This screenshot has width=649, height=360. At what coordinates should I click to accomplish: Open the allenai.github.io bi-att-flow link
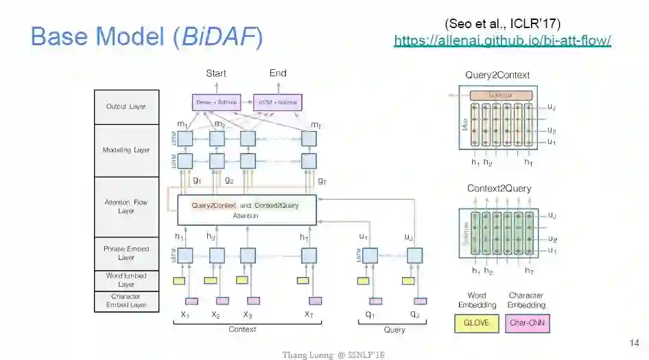[x=502, y=40]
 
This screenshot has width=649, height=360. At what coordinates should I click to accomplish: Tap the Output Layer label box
[x=126, y=107]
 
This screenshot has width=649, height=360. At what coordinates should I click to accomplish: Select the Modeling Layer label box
[x=126, y=150]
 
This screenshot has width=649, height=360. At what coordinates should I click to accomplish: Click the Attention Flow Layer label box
[x=126, y=206]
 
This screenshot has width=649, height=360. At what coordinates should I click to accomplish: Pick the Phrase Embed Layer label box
[x=126, y=253]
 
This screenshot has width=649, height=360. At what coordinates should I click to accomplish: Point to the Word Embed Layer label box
[x=126, y=280]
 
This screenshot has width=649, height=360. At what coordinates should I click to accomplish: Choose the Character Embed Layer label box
[x=126, y=301]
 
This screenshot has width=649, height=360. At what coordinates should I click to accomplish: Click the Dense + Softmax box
[x=216, y=102]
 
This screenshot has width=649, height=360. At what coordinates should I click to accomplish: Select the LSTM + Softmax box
[x=278, y=102]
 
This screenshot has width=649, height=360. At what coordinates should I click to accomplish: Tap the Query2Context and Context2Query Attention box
[x=247, y=210]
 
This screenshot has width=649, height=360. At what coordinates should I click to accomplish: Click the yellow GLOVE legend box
[x=476, y=322]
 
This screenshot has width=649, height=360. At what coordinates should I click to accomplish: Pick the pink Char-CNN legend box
[x=527, y=322]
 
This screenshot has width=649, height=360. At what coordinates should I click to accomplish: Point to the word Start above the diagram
[x=216, y=73]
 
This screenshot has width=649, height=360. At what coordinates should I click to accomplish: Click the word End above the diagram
[x=278, y=73]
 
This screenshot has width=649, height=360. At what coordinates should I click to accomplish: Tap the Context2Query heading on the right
[x=499, y=189]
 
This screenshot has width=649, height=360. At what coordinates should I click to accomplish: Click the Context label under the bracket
[x=242, y=330]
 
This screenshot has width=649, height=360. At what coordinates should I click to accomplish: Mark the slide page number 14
[x=634, y=342]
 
